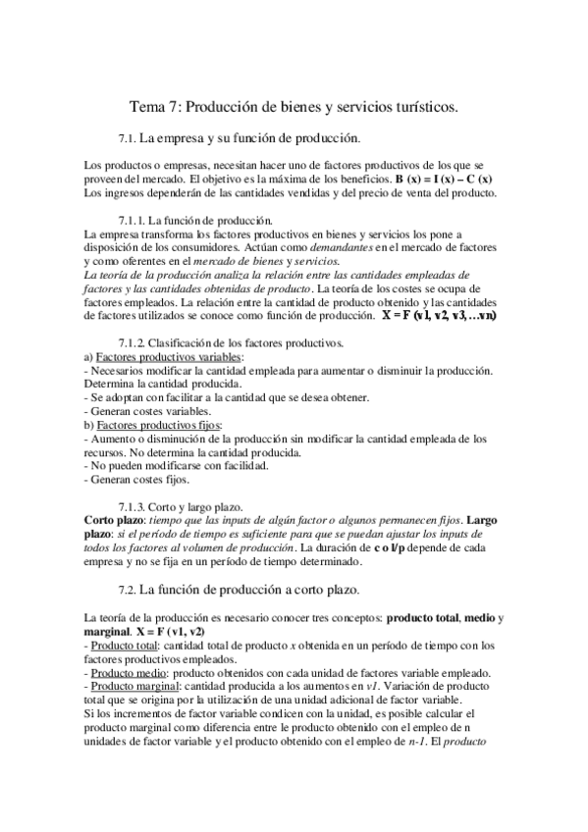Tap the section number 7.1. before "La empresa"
point(129,137)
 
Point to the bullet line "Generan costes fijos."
point(136,481)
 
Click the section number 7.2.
point(129,590)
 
